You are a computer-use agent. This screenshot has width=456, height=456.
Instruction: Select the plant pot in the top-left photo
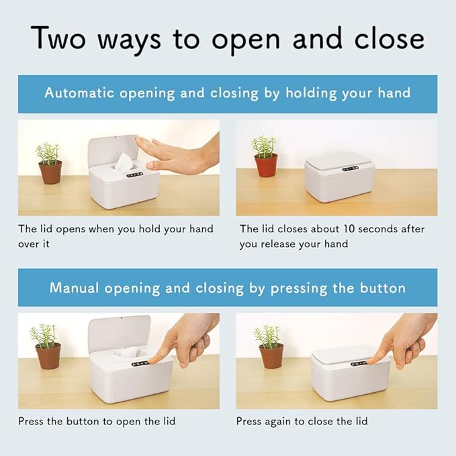tap(50, 172)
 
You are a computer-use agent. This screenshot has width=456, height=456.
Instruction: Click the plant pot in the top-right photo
tap(265, 165)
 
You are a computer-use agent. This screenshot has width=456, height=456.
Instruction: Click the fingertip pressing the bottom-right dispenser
tap(374, 361)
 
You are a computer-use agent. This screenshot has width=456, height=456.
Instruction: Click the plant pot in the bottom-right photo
tap(271, 355)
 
